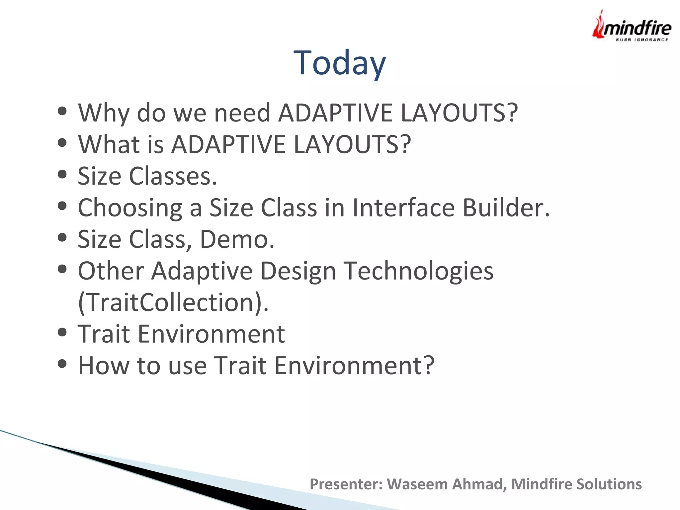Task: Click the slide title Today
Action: coord(340,63)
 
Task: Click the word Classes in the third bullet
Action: coord(173,176)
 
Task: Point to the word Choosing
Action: coord(130,208)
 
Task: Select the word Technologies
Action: coord(418,271)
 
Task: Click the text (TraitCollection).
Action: coord(173,302)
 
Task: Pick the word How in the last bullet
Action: coord(103,366)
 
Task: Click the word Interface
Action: coord(403,208)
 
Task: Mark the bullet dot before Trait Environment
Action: coord(62,332)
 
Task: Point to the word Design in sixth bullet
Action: coord(298,271)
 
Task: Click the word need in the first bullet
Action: coord(242,113)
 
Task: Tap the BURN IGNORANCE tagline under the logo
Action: coord(642,40)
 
